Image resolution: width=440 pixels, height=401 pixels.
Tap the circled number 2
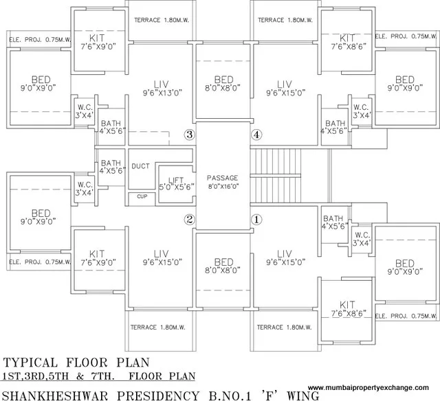coord(190,220)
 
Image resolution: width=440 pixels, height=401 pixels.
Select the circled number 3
coord(190,135)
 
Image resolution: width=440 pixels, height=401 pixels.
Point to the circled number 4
coord(257,135)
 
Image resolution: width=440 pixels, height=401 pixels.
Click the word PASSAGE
coord(223,177)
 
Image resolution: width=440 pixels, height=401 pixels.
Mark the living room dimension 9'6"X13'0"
coord(162,93)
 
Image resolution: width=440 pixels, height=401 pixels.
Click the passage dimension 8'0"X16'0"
coord(223,185)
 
